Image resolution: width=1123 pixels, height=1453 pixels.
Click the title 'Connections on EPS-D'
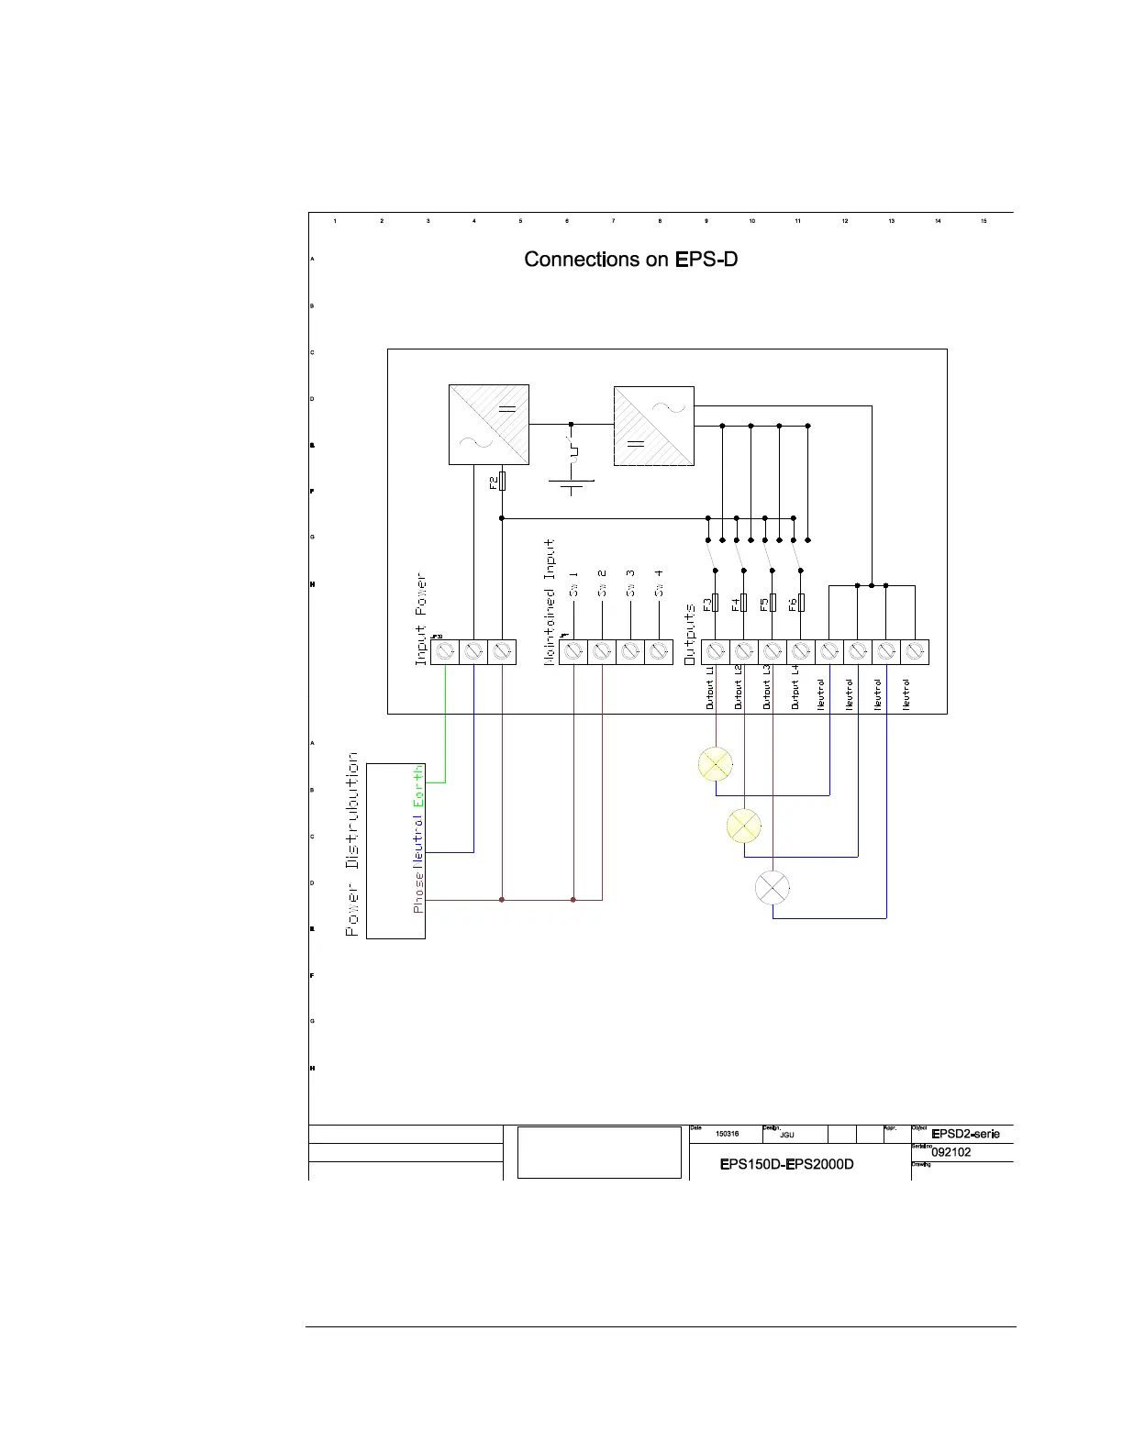click(631, 260)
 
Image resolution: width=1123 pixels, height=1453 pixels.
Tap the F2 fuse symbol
click(502, 482)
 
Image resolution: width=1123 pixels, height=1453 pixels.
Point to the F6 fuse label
click(793, 604)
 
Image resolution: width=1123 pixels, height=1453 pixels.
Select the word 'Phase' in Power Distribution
click(418, 893)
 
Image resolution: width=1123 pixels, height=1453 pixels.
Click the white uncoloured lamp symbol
click(773, 887)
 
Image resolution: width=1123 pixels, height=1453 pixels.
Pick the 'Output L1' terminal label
click(710, 687)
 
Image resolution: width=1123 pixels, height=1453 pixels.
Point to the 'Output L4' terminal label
click(795, 687)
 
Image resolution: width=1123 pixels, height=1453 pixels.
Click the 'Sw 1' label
click(573, 584)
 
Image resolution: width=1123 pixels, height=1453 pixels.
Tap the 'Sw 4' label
click(659, 584)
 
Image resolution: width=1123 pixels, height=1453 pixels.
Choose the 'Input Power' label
click(421, 620)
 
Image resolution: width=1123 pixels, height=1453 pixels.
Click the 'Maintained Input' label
click(550, 602)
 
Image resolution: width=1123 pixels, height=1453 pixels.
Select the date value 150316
click(727, 1135)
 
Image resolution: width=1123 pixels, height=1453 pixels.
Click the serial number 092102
click(951, 1152)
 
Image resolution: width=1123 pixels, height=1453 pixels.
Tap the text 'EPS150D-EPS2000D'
click(787, 1165)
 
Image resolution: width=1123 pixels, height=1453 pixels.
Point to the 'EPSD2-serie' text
click(965, 1135)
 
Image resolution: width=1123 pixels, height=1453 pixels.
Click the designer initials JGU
click(786, 1136)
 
